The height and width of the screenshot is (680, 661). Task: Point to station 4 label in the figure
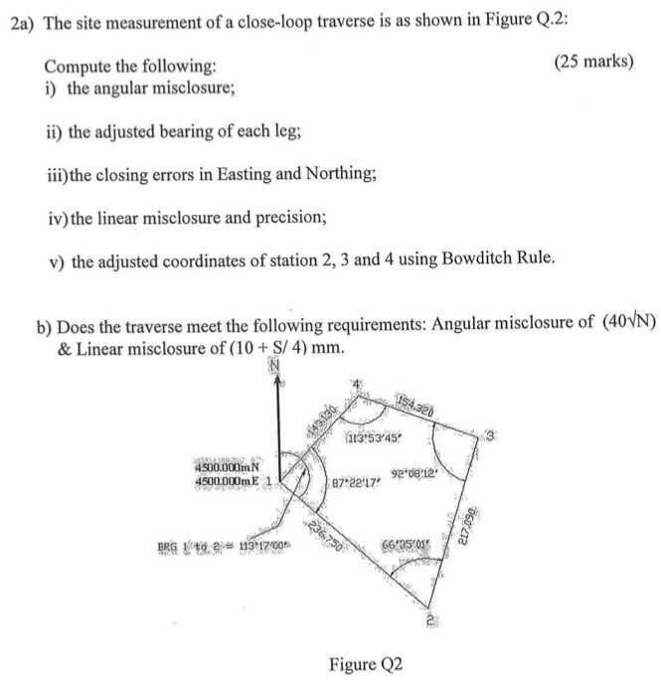tap(351, 385)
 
